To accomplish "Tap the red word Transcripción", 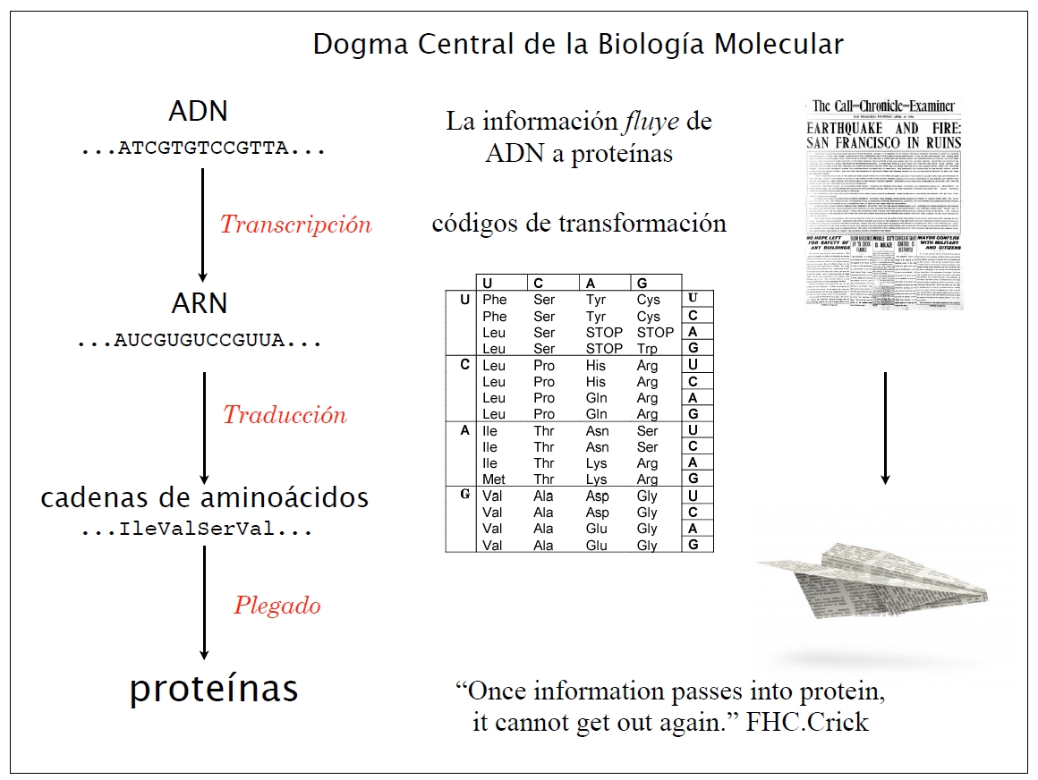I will point(296,225).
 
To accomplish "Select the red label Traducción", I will point(285,415).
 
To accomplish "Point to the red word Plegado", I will point(277,606).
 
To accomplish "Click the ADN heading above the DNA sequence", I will point(198,112).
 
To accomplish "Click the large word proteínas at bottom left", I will point(214,689).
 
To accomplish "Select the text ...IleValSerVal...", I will point(197,530).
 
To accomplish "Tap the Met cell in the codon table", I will point(493,479).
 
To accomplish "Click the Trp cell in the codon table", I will point(648,349).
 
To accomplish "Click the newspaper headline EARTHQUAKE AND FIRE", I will point(884,128).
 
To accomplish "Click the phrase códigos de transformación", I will point(579,223).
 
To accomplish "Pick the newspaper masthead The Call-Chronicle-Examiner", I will point(883,106).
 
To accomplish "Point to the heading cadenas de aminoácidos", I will point(204,498).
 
